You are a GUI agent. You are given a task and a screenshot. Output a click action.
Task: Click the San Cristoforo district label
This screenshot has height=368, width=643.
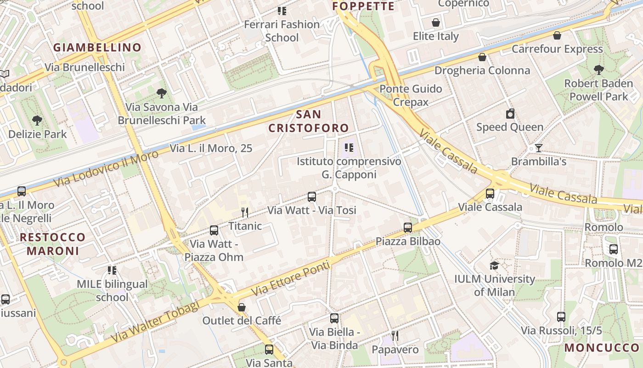point(309,121)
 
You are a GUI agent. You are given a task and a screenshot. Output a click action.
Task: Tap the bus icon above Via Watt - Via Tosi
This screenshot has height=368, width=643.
point(312,197)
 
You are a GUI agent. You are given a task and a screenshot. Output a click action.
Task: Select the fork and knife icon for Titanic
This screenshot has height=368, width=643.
point(245,212)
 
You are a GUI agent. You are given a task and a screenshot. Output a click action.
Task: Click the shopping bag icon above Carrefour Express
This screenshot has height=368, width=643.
point(557,35)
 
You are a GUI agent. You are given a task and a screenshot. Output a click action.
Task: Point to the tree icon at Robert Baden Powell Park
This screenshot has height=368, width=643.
point(598,70)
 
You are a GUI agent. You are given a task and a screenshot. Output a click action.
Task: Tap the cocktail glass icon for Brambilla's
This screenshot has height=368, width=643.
point(539,148)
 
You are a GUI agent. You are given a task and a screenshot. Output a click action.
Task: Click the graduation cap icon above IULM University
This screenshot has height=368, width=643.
point(494,265)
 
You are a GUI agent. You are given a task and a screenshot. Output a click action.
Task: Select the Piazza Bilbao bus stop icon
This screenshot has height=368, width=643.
point(408,227)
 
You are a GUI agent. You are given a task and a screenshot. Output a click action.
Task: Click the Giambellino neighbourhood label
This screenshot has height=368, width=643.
point(97,47)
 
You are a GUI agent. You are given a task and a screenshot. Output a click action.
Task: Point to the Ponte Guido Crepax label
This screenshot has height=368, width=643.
point(411,95)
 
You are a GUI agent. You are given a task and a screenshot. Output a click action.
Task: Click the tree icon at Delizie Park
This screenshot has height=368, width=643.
point(37,121)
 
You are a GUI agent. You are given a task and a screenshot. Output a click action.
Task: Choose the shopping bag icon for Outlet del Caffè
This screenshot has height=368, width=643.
point(242,307)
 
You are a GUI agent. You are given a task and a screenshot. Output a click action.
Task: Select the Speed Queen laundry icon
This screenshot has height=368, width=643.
point(510,114)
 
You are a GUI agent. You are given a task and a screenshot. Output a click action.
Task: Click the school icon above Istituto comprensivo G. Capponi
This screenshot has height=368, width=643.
point(349,148)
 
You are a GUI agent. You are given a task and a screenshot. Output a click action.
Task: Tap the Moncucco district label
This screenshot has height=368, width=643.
point(602,347)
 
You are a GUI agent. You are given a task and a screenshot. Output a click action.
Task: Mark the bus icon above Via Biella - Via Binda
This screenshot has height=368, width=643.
point(334,318)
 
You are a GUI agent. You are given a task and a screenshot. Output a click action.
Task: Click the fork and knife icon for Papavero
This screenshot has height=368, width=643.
point(395,336)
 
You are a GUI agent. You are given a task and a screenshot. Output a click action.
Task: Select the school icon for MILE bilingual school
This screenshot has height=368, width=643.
point(112,270)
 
